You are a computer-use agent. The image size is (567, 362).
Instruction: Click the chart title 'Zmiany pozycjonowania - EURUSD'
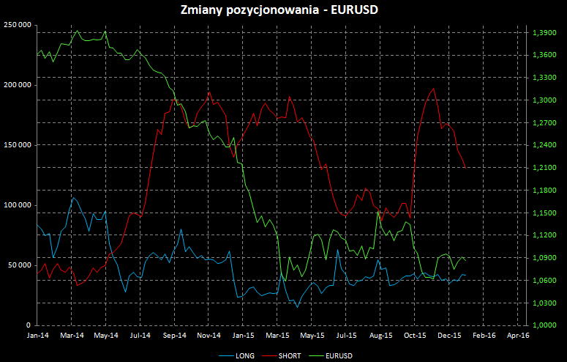coord(284,10)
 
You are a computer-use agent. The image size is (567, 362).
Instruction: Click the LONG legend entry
coord(244,355)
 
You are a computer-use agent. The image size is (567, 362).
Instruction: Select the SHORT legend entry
coord(290,355)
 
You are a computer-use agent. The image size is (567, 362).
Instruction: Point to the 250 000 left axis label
coord(17,25)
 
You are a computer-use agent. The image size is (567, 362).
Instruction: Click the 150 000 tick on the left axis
coord(17,145)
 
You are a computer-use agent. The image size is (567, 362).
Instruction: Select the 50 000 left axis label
coord(19,265)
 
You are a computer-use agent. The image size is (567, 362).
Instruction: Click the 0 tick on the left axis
coord(29,325)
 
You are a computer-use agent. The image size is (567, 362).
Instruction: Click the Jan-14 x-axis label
coord(37,335)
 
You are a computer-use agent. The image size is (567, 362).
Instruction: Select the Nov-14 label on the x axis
coord(209,335)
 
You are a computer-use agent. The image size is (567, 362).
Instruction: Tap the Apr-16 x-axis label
coord(518,335)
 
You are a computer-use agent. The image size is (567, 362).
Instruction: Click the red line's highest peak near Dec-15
coord(434,89)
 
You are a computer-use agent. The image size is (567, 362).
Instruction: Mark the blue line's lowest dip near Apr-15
coord(297,307)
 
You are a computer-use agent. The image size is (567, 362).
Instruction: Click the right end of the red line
coord(465,168)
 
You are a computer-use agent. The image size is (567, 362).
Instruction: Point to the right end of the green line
coord(465,261)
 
